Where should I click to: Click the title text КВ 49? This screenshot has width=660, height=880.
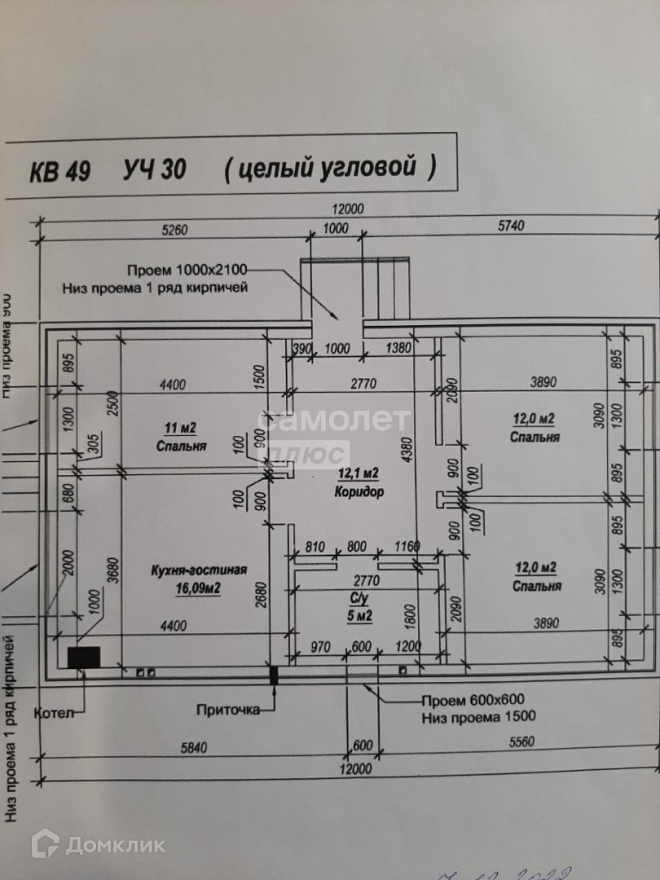coord(60,171)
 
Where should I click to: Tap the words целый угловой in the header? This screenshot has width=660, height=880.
coord(330,169)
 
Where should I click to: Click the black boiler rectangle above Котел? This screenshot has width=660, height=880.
coord(83,658)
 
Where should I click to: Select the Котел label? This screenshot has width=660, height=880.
coord(54,713)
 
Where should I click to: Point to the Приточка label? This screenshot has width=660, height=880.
coord(228,709)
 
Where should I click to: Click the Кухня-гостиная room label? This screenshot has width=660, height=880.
coord(199,570)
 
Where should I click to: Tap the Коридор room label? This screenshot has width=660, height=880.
coord(359,491)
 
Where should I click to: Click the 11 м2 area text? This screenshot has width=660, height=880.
coord(181,429)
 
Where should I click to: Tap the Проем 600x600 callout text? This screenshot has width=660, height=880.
coord(472,700)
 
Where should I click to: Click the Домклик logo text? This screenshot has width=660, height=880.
coord(115,845)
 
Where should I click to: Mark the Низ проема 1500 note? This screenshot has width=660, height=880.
coord(478,717)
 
